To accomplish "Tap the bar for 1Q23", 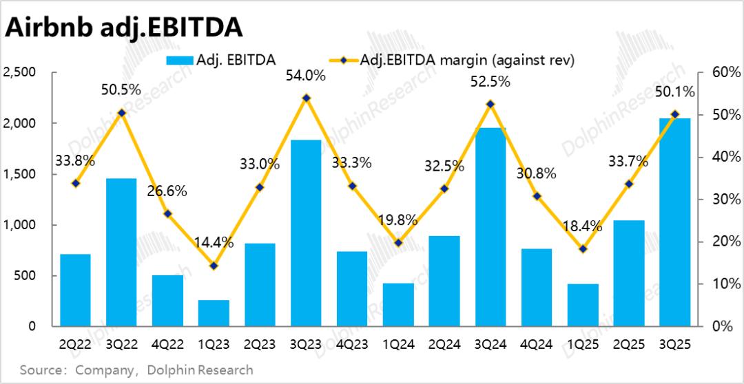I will coord(214,313).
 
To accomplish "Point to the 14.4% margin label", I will coord(214,242).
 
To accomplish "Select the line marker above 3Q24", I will coord(490,104).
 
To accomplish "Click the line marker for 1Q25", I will coord(583,248).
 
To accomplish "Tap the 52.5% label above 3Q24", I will coord(490,81).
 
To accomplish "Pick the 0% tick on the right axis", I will coord(716,327).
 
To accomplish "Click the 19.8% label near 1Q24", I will coord(398,220).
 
